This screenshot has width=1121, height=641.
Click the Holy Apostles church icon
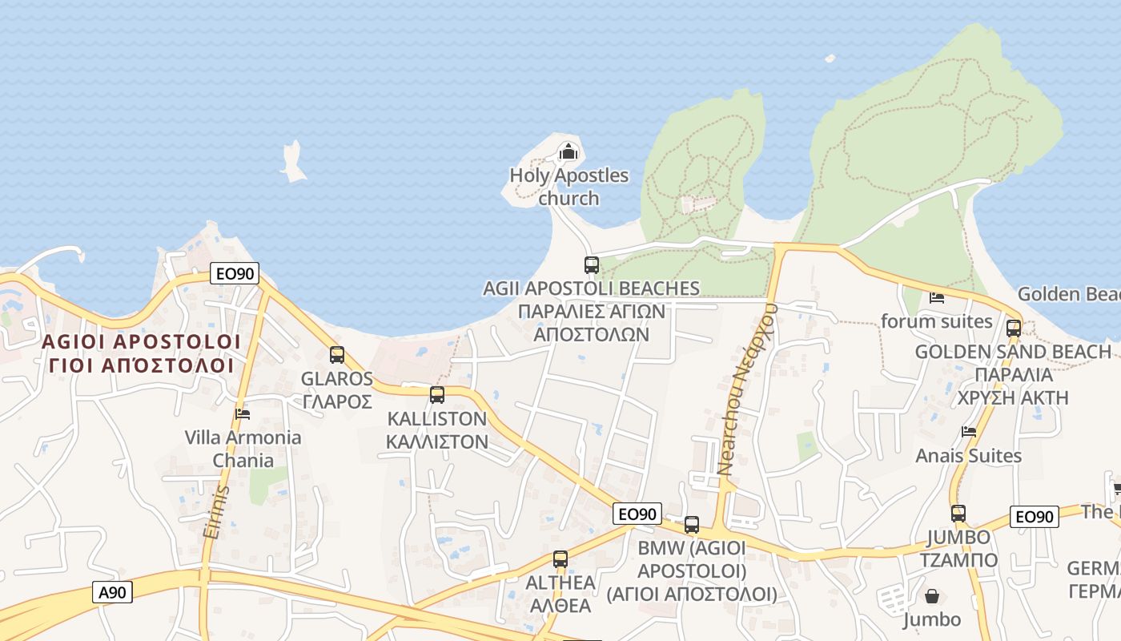tap(568, 150)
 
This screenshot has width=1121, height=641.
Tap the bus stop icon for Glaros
tap(337, 354)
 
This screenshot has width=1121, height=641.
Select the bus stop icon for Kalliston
tap(437, 394)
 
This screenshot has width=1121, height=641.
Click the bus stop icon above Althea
tap(560, 558)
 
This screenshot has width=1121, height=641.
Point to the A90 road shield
tap(113, 592)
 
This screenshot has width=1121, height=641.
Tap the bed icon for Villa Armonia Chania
tap(243, 413)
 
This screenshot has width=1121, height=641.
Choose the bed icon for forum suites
tap(937, 298)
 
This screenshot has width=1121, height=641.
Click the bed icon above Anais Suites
tap(969, 431)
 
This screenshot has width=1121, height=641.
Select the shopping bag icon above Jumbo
tap(932, 596)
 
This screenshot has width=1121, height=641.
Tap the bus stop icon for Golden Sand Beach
tap(1014, 328)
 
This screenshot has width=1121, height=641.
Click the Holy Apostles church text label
tap(569, 187)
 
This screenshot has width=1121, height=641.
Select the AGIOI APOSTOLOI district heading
tap(141, 342)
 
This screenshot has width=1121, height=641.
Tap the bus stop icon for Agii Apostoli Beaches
tap(592, 264)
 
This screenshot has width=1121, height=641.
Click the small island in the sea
tap(293, 161)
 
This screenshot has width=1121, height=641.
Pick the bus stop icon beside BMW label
tap(692, 525)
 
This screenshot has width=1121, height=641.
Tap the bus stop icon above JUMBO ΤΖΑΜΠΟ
tap(958, 513)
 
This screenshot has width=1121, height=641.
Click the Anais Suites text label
tap(969, 456)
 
